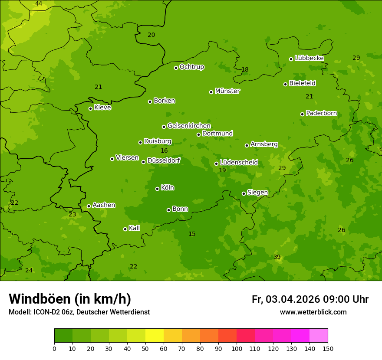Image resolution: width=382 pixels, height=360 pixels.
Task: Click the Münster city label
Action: pos(227,91)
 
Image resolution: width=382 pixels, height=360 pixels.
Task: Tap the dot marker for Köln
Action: pos(157,189)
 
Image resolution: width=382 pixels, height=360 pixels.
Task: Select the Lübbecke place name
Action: pos(309,58)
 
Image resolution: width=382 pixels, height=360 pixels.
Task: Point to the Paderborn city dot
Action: pos(302,114)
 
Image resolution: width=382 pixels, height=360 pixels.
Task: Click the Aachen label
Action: pos(104,205)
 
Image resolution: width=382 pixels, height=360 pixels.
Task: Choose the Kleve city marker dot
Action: pos(90,108)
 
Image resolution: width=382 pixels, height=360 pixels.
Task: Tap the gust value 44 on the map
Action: pos(39,4)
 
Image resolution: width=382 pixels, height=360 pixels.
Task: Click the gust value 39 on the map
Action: pos(277,257)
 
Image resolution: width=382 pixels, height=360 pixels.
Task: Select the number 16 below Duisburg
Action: pos(164,151)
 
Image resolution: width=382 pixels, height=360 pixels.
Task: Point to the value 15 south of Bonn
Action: pos(192,234)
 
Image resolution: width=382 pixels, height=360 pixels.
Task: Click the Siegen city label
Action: pos(257,193)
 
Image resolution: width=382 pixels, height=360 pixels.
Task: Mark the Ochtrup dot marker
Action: pos(176,68)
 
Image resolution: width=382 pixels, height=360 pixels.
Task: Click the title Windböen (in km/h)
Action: pos(70,299)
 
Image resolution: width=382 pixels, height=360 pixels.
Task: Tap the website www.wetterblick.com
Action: pos(313,312)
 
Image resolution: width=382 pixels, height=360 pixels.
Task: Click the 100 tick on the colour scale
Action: pos(237,348)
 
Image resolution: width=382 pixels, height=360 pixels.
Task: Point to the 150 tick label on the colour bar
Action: pos(328,348)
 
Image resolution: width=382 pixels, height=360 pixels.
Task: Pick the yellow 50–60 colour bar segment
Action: pos(155,336)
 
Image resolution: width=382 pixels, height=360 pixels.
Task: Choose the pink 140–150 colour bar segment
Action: pos(319,336)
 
